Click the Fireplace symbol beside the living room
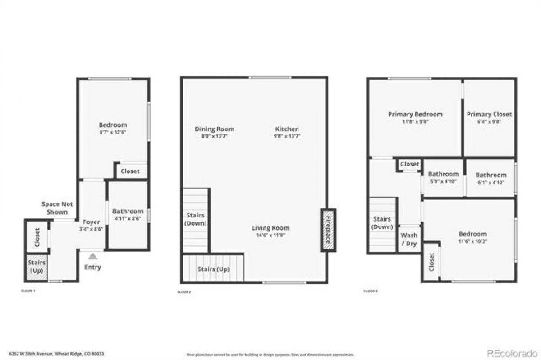coord(328,230)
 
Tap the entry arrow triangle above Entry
coord(92,256)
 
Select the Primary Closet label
coord(489,115)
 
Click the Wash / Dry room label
coord(409,239)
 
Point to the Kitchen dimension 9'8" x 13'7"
coord(287,136)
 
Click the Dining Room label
coord(214,129)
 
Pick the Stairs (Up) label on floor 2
coord(213,269)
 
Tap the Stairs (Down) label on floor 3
coord(382,223)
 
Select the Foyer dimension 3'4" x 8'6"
coord(92,229)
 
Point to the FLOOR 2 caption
coord(184,292)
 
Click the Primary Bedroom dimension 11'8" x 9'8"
coord(415,122)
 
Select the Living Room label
coord(270,228)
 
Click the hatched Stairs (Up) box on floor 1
coord(37,266)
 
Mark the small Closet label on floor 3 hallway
coord(409,164)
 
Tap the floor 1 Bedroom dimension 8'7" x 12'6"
coord(113,132)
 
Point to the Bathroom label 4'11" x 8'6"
coord(128,211)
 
